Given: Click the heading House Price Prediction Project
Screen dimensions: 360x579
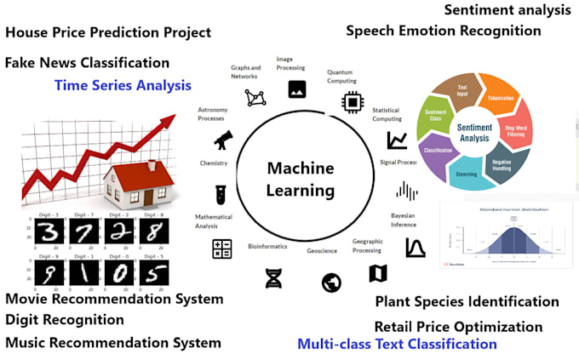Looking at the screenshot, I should pyautogui.click(x=108, y=33).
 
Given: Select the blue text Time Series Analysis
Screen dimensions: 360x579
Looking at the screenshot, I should pyautogui.click(x=123, y=85).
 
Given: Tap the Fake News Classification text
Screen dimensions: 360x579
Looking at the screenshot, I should pyautogui.click(x=87, y=63).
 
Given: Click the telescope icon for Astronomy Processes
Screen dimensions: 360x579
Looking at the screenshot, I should pyautogui.click(x=223, y=139).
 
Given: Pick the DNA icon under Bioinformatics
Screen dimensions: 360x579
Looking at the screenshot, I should pyautogui.click(x=273, y=277).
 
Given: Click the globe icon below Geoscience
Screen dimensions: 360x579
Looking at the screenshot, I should pyautogui.click(x=331, y=283).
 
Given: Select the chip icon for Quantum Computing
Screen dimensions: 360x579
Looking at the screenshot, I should pyautogui.click(x=352, y=102).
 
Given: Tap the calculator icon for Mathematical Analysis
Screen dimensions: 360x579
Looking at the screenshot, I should pyautogui.click(x=222, y=249).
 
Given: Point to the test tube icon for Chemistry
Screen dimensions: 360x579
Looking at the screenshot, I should pyautogui.click(x=221, y=194).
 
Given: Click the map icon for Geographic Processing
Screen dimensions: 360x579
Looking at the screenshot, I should pyautogui.click(x=378, y=273).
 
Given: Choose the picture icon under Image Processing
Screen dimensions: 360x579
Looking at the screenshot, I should pyautogui.click(x=297, y=89).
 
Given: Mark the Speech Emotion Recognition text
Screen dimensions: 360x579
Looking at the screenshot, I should pyautogui.click(x=443, y=31).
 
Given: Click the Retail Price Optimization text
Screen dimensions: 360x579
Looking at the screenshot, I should pyautogui.click(x=458, y=327).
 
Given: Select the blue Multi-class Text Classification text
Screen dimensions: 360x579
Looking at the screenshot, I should pyautogui.click(x=397, y=345).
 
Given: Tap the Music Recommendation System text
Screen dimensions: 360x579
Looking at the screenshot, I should pyautogui.click(x=113, y=343).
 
